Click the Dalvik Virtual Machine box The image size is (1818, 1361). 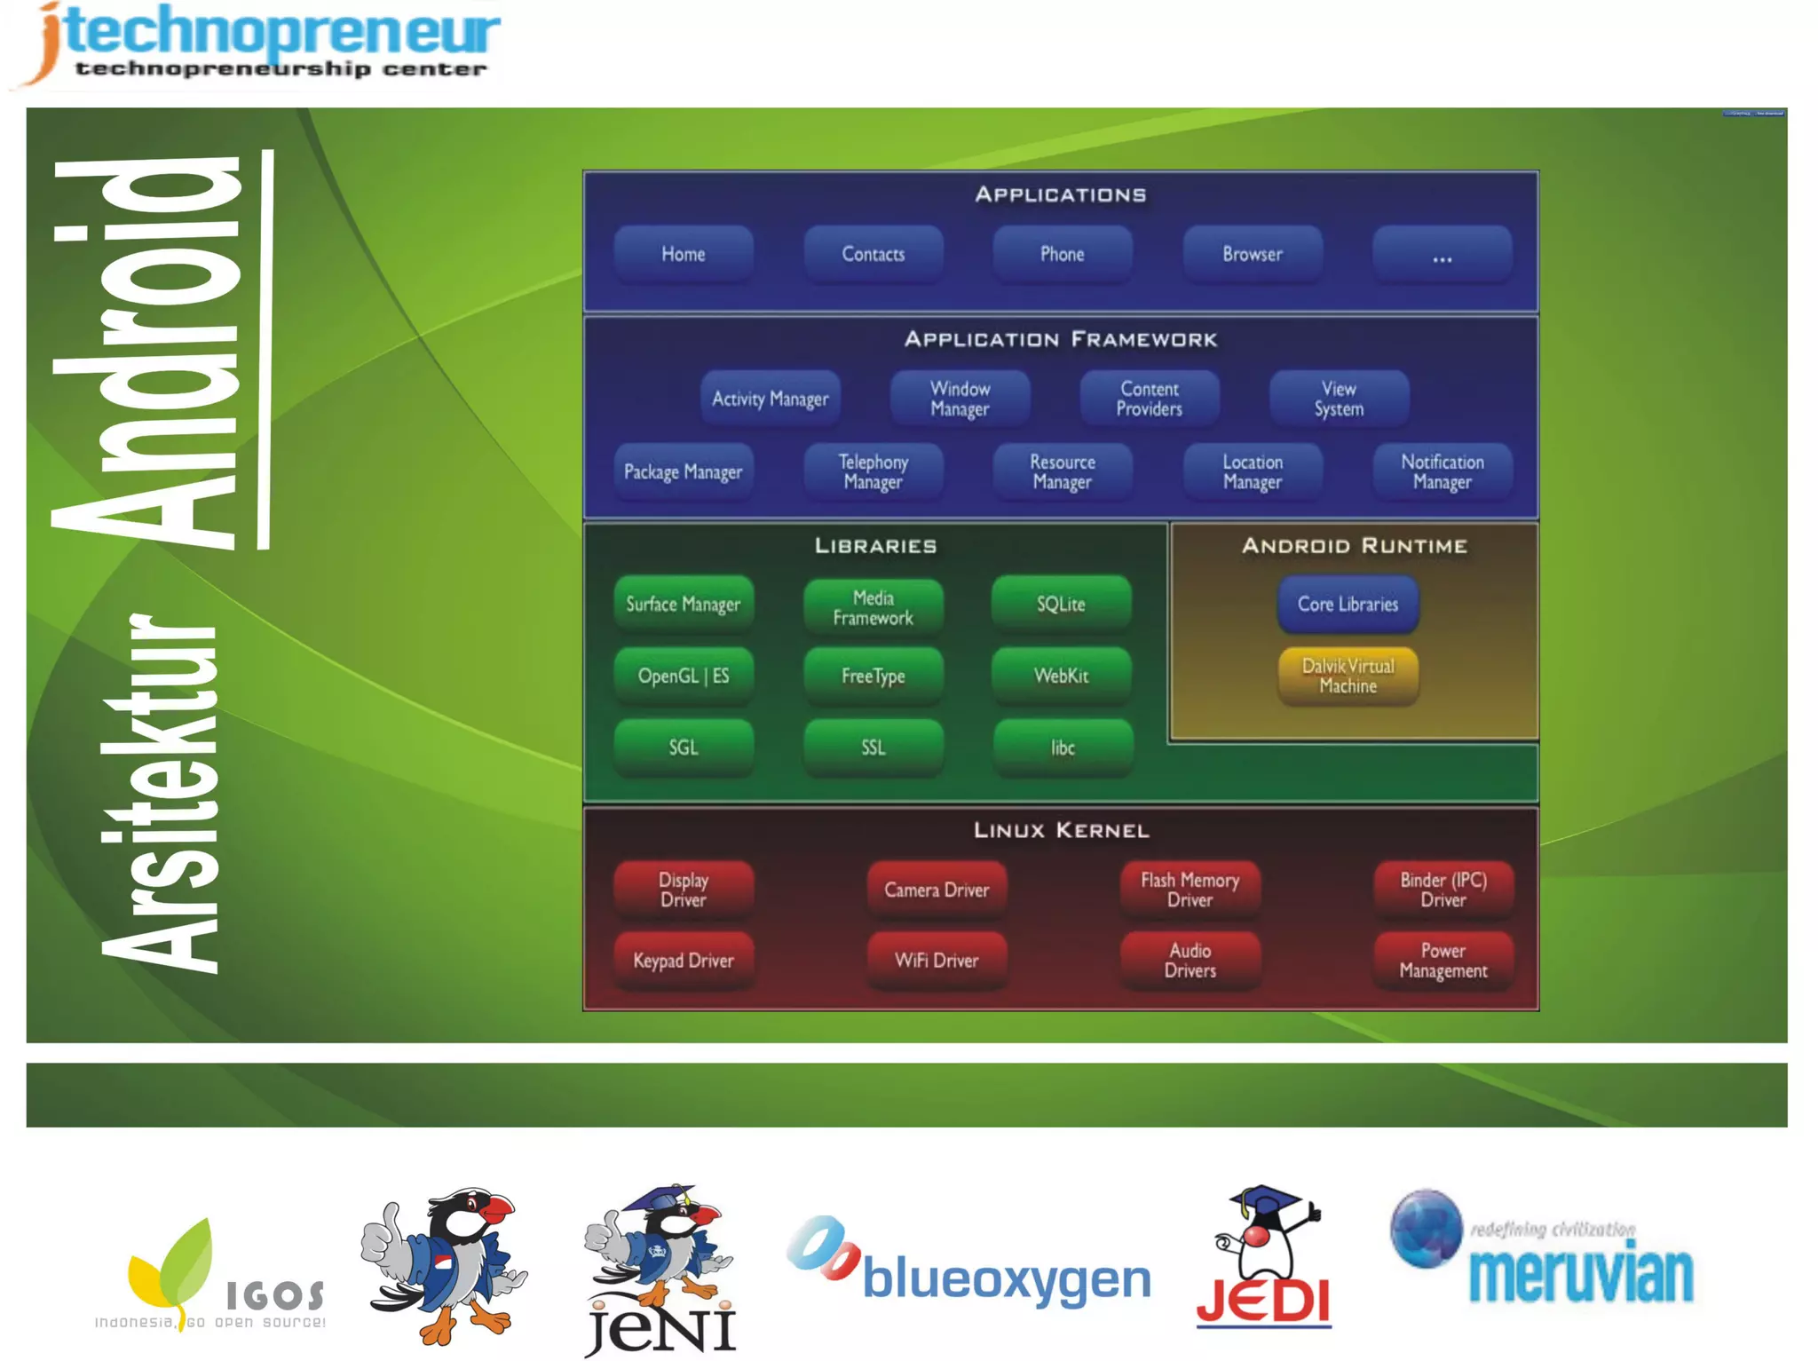click(1347, 676)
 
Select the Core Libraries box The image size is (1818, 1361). click(1347, 604)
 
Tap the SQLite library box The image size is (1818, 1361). click(1061, 604)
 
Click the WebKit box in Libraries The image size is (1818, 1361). click(1061, 676)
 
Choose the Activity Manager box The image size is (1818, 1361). click(770, 399)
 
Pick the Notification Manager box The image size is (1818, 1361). click(1442, 471)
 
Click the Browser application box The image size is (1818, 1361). click(1252, 254)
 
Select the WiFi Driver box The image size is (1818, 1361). click(937, 960)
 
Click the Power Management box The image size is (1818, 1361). click(1443, 960)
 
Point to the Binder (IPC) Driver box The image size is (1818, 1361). click(1443, 889)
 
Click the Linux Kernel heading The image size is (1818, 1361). click(1061, 830)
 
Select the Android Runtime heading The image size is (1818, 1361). click(1354, 545)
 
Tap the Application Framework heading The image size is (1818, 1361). click(1061, 339)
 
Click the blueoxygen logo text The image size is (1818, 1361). click(1005, 1279)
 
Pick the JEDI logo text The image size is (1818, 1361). click(1263, 1301)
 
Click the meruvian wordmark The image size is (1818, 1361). click(1580, 1275)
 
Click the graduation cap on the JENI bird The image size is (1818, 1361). click(659, 1198)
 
